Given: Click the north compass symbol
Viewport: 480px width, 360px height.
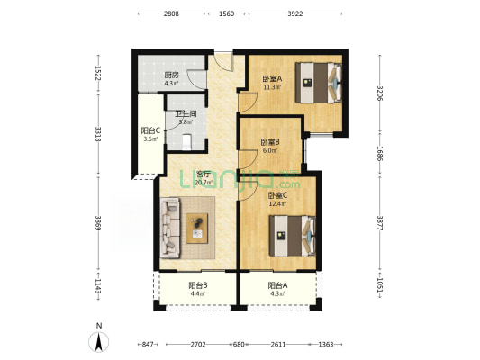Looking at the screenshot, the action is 98,341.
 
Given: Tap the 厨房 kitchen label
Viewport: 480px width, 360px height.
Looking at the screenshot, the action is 171,75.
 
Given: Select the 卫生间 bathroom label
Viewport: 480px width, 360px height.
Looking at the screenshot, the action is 186,114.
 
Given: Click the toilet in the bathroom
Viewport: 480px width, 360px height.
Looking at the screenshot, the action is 186,142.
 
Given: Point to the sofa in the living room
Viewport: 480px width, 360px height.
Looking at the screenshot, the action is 170,228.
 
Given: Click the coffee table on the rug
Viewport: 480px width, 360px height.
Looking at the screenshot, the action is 197,229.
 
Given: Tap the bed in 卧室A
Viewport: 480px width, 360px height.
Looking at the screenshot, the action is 319,83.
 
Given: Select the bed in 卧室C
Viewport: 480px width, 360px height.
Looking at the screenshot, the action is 293,236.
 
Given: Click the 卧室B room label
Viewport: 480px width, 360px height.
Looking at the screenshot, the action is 270,142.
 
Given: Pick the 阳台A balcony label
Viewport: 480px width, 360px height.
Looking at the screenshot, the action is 277,285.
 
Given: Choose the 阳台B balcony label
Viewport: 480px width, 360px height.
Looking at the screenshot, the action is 198,285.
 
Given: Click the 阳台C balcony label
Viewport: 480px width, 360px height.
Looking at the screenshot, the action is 150,130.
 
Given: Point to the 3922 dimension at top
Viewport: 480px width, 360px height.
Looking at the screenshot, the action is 295,13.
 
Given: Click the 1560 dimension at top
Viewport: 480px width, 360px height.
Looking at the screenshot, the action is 227,13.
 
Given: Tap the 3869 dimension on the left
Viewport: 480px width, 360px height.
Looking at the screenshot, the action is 98,223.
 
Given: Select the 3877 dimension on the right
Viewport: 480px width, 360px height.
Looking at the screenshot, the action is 380,223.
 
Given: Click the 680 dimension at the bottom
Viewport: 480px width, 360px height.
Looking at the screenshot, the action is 239,345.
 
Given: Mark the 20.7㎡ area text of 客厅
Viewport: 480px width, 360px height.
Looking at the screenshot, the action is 204,183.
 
